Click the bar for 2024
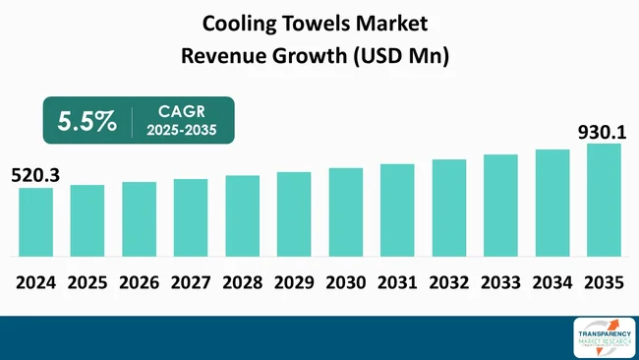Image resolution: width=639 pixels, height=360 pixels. click(35, 222)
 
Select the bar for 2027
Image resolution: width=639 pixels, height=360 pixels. click(190, 218)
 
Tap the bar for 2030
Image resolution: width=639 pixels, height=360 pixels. click(345, 212)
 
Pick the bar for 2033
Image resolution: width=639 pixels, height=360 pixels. click(500, 206)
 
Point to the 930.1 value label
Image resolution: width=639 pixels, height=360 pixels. click(600, 130)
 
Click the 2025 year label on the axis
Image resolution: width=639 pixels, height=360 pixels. click(87, 283)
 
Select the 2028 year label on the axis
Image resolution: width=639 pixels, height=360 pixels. click(242, 283)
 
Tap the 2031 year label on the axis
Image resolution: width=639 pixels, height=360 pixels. click(397, 283)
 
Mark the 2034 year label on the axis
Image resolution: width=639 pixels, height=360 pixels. click(552, 283)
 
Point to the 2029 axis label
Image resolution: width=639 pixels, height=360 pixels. click(294, 283)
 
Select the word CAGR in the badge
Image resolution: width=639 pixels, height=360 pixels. click(182, 111)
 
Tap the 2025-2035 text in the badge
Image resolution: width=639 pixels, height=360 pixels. click(182, 131)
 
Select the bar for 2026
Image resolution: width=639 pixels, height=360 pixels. click(139, 219)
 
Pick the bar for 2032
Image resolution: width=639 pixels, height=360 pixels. click(448, 209)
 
